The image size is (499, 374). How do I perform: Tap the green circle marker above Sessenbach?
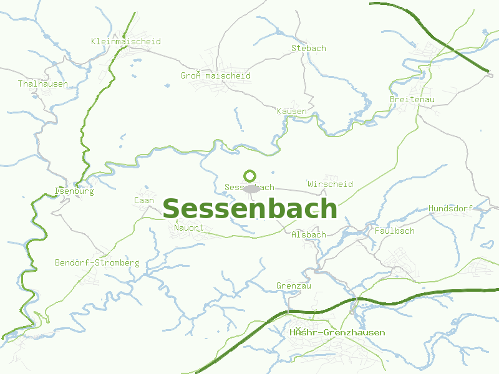pos(250,176)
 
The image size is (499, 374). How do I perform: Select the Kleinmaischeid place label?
pos(125,42)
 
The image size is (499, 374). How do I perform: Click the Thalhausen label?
pos(43,84)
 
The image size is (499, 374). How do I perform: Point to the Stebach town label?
pos(308,48)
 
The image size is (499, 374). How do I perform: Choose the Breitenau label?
pos(412,100)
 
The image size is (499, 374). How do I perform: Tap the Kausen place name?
pos(291,112)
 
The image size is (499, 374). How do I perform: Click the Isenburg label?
pos(74,191)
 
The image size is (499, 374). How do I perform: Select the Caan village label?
pos(143,201)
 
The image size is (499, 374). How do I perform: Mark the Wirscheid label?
pos(330,184)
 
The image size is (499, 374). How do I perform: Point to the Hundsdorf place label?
pos(450,208)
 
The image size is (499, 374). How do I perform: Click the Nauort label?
pos(189,228)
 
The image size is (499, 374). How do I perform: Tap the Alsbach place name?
pos(308,234)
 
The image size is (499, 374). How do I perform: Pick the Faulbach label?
pos(394,231)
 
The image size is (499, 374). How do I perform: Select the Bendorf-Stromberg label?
pos(97,263)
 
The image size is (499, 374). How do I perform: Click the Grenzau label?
pos(293,286)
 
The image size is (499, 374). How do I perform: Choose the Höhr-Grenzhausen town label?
pos(337,333)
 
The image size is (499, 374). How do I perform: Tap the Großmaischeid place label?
pos(216,76)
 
